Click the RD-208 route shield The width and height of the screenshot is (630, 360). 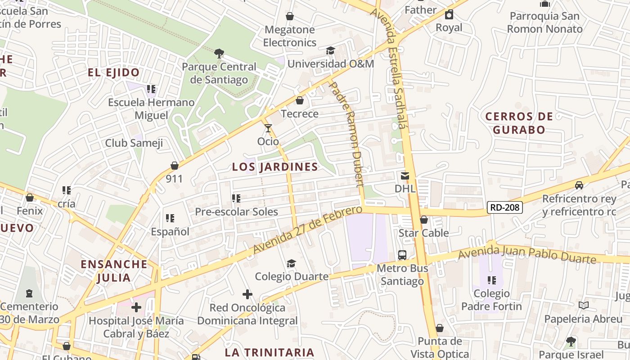coord(505,207)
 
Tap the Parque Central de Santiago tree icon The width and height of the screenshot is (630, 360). coord(219,54)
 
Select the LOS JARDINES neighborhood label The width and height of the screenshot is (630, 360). coord(275,167)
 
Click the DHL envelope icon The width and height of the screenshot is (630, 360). coord(405,175)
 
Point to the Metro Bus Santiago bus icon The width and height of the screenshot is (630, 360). coord(402,255)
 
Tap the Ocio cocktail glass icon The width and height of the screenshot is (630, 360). coord(268,128)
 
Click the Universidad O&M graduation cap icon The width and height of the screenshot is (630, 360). coord(331,50)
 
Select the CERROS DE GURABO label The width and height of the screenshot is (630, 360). coord(519,123)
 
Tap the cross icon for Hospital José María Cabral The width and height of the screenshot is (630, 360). coord(136,307)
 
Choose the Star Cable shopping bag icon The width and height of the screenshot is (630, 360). coord(424,220)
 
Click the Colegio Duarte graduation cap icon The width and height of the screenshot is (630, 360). coord(292,263)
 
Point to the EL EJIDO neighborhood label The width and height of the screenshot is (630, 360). coord(113,72)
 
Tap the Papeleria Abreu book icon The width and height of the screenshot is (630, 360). coord(584,306)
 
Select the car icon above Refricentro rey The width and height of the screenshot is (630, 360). coord(579,185)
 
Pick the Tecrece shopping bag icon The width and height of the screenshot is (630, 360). coord(300,100)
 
